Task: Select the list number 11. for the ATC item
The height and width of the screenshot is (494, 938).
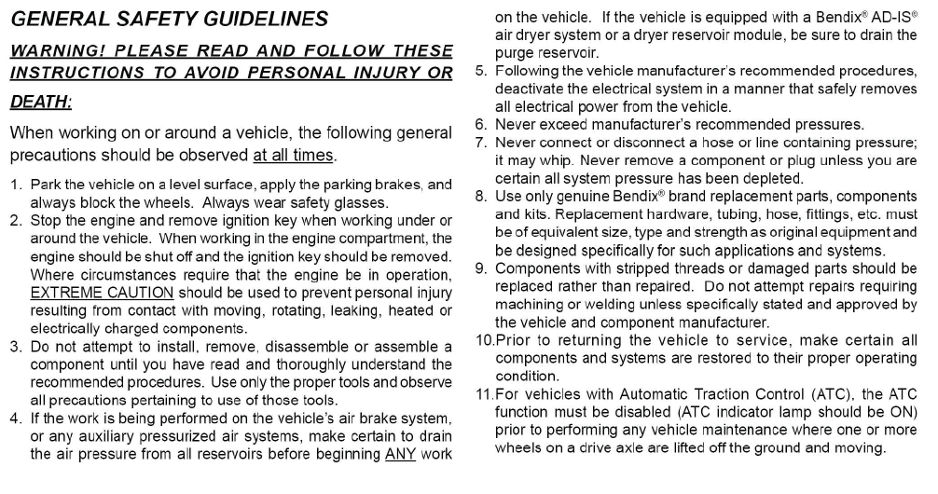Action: (x=483, y=393)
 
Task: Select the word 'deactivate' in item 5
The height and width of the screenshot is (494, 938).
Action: (x=529, y=89)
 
